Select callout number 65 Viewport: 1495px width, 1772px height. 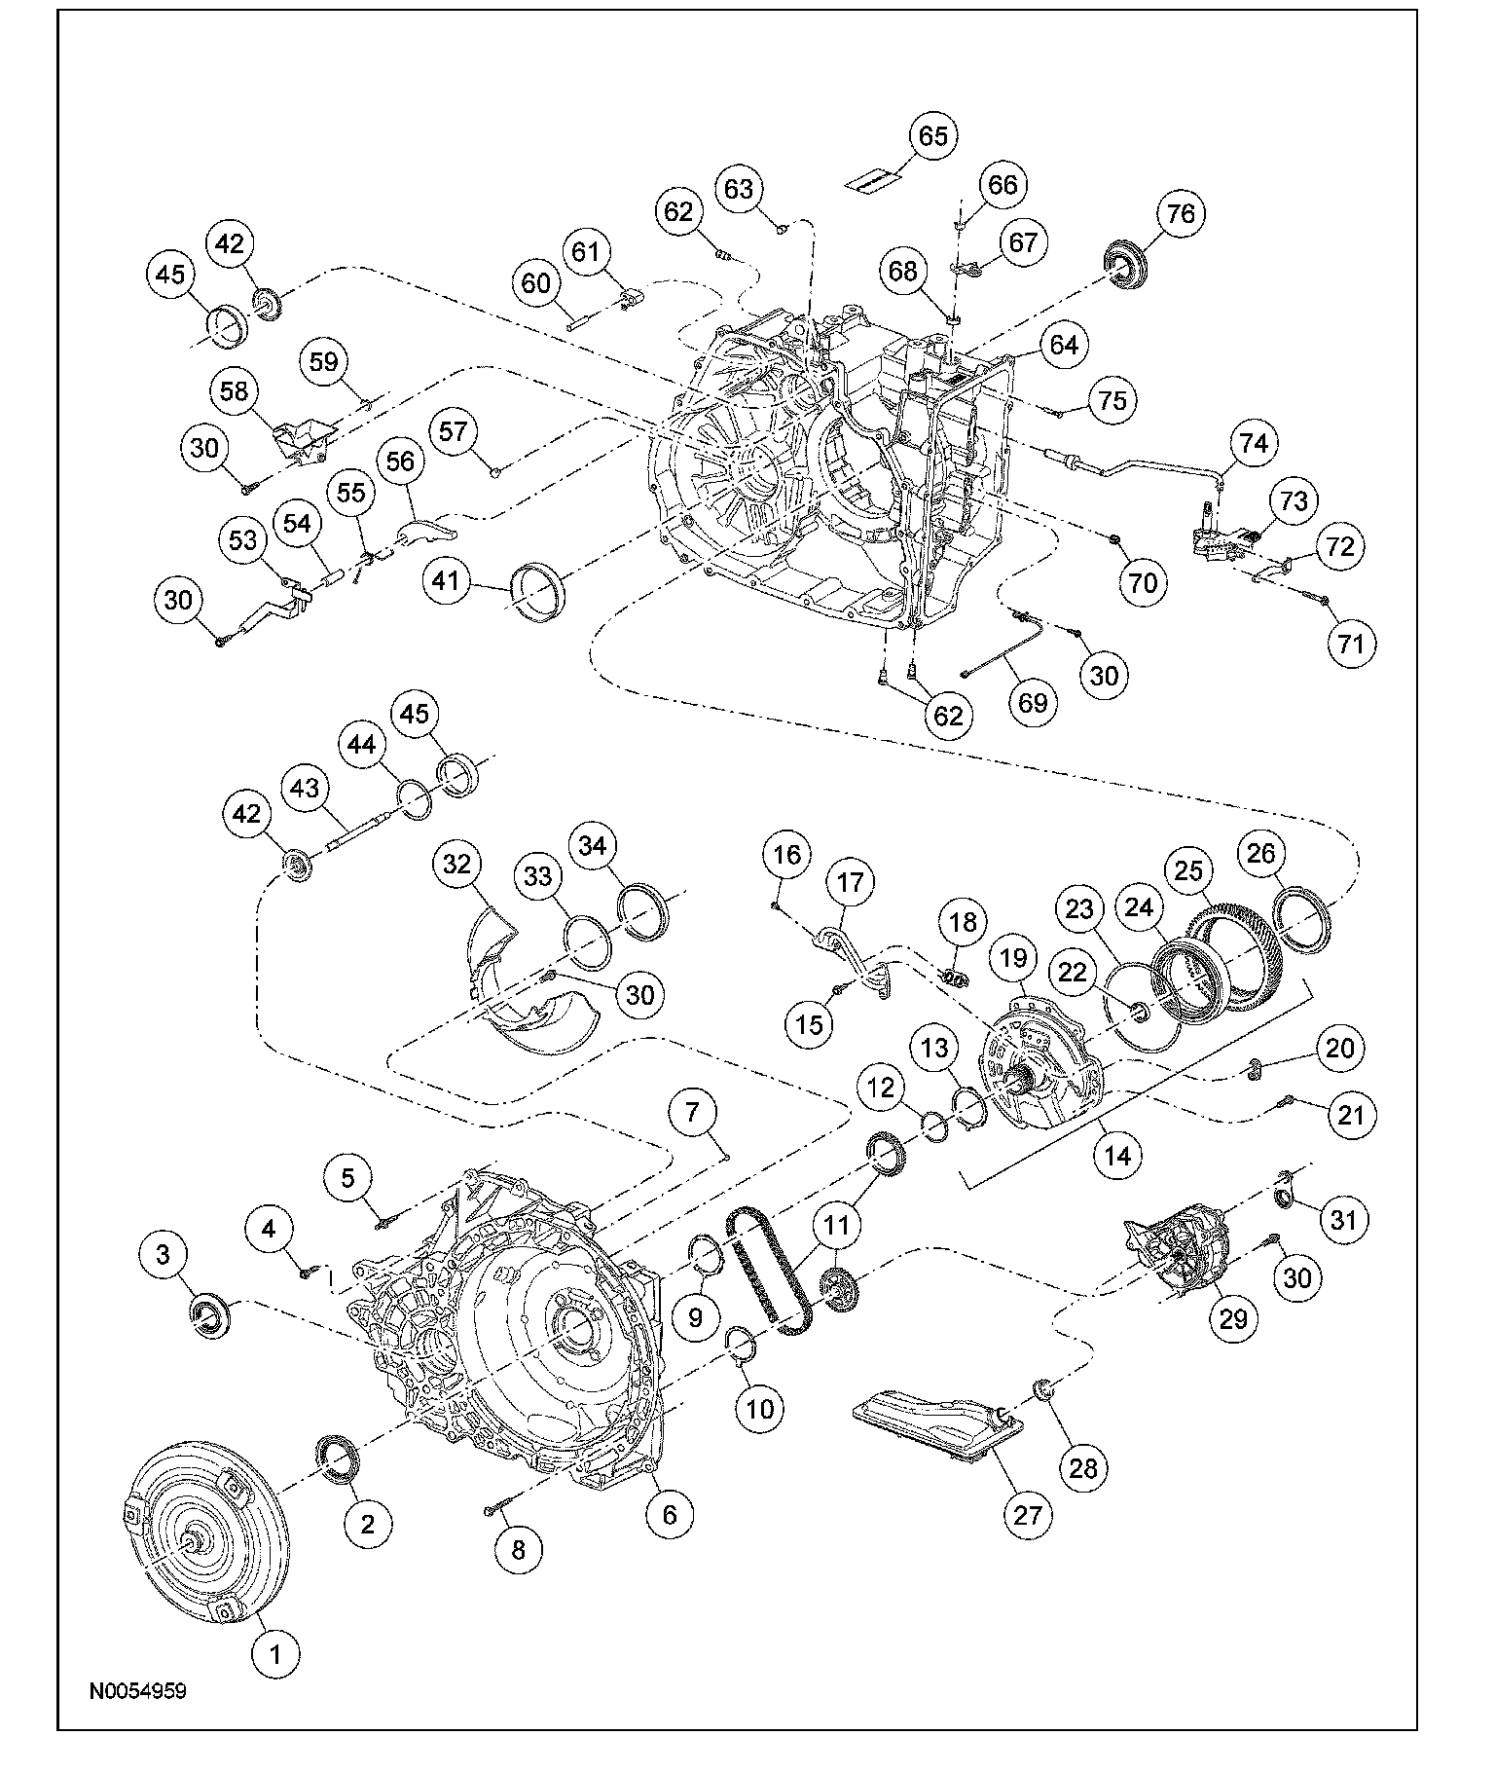[932, 137]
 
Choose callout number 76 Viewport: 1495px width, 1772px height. [1181, 214]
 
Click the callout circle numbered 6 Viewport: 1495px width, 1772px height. [671, 1515]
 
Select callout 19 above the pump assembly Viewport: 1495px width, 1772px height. [1013, 959]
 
